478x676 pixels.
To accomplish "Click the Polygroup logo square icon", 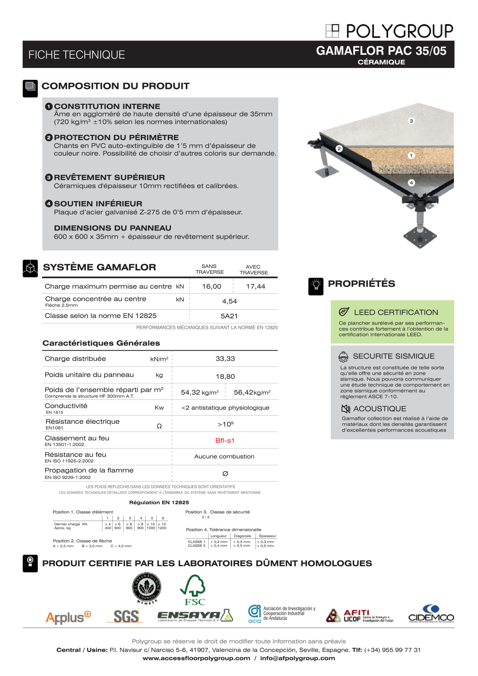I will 332,31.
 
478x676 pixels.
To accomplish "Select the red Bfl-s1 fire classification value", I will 225,440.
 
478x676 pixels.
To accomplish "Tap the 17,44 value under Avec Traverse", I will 255,287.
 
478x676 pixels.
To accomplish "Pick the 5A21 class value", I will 229,316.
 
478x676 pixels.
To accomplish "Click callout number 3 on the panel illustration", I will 411,121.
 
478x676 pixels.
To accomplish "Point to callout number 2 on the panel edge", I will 339,149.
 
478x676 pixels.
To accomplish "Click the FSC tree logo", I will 193,590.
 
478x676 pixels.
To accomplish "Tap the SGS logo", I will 126,616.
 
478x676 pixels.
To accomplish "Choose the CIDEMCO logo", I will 431,614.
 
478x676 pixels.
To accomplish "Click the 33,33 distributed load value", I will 225,359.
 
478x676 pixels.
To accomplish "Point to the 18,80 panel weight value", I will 225,377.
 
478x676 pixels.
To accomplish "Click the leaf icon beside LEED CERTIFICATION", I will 344,312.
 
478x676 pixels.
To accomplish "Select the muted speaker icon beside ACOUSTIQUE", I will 346,409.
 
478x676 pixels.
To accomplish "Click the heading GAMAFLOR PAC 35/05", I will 381,51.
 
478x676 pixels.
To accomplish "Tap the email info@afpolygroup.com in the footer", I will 297,658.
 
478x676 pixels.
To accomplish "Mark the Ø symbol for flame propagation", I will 225,474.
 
